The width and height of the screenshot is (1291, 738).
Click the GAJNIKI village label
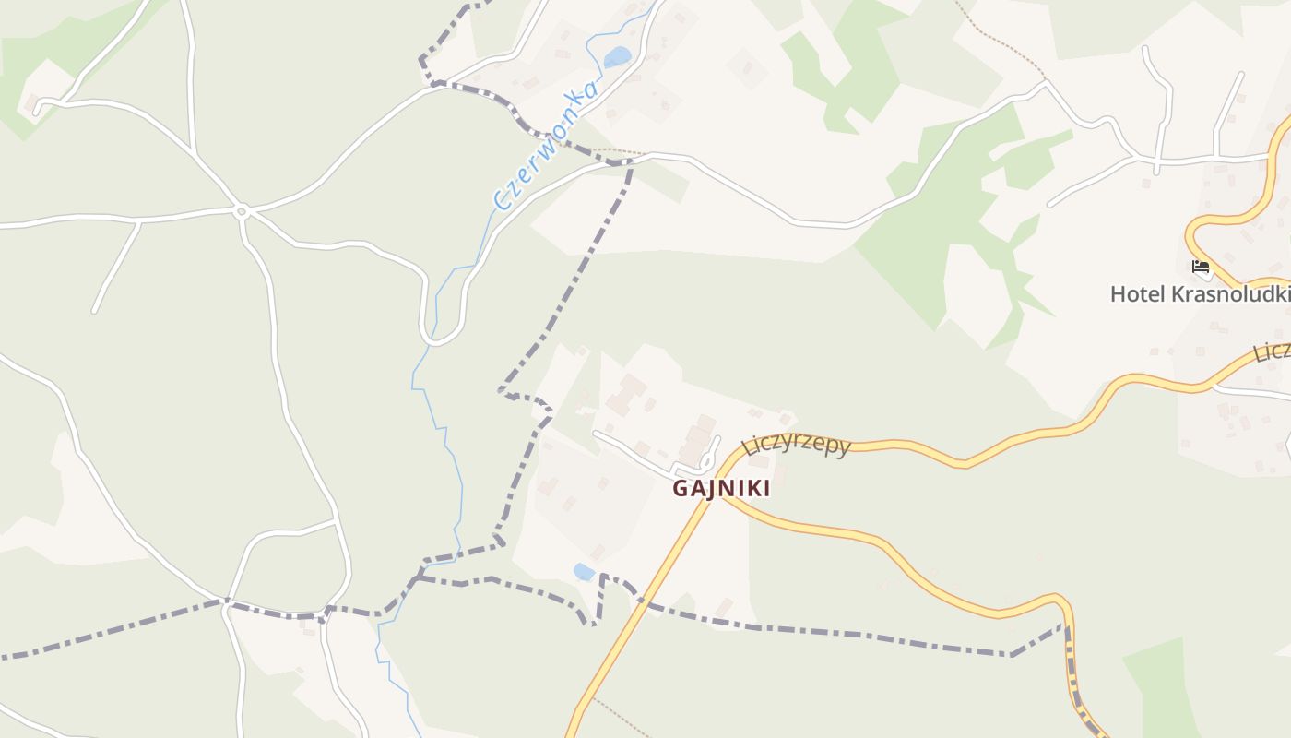click(x=720, y=488)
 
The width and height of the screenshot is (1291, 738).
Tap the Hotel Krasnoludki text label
click(x=1199, y=294)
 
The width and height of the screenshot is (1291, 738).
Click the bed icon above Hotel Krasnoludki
click(x=1200, y=267)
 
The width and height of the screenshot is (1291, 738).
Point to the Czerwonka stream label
click(x=546, y=145)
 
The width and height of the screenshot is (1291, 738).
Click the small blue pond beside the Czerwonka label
click(x=617, y=57)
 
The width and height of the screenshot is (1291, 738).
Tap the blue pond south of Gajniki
click(x=584, y=572)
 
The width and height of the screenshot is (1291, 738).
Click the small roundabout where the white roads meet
click(x=242, y=211)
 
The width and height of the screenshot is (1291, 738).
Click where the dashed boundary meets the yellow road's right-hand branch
click(x=1068, y=627)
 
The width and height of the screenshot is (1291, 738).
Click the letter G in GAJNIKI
click(x=680, y=488)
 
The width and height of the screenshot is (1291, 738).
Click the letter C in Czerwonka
click(x=503, y=200)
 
